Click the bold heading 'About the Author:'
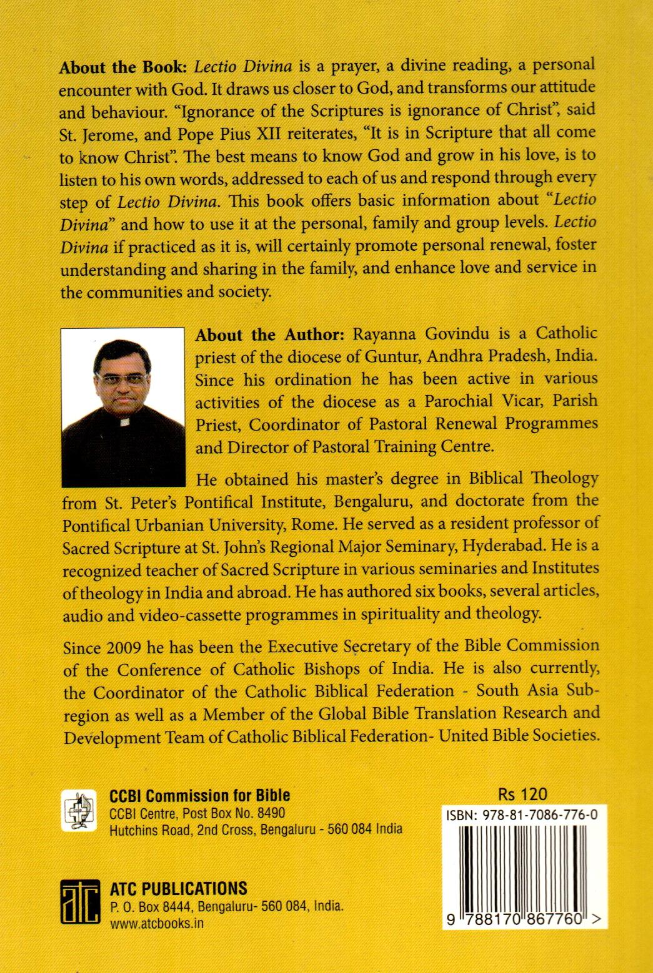pyautogui.click(x=270, y=335)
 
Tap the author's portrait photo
pyautogui.click(x=124, y=406)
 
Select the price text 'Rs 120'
pyautogui.click(x=523, y=794)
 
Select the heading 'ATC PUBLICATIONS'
pyautogui.click(x=178, y=889)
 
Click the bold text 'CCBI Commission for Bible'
pyautogui.click(x=199, y=795)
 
